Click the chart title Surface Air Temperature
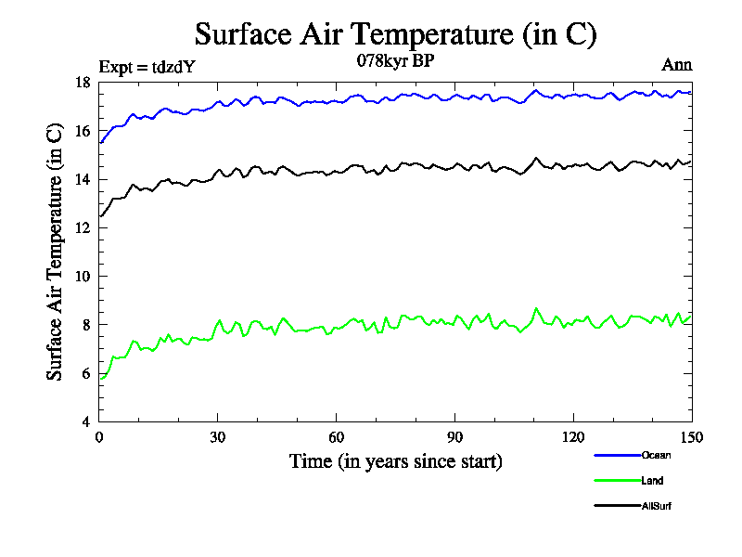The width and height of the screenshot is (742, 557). click(x=395, y=34)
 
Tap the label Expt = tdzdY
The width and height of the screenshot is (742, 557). click(x=147, y=66)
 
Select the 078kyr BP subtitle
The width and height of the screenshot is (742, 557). click(x=395, y=60)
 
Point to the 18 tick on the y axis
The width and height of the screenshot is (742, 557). click(x=83, y=83)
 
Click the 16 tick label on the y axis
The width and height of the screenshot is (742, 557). click(x=83, y=131)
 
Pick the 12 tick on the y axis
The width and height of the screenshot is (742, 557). click(x=83, y=227)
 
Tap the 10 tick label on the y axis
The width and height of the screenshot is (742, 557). click(x=83, y=276)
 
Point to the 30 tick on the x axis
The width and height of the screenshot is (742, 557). click(x=218, y=437)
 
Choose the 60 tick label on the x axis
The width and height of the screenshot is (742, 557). click(x=337, y=437)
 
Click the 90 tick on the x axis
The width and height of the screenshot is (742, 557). click(x=454, y=437)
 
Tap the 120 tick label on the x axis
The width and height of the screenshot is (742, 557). click(x=573, y=437)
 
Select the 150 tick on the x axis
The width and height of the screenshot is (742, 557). click(x=691, y=437)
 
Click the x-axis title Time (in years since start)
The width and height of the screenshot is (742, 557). click(x=395, y=460)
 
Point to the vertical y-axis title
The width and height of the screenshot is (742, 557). click(x=56, y=253)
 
